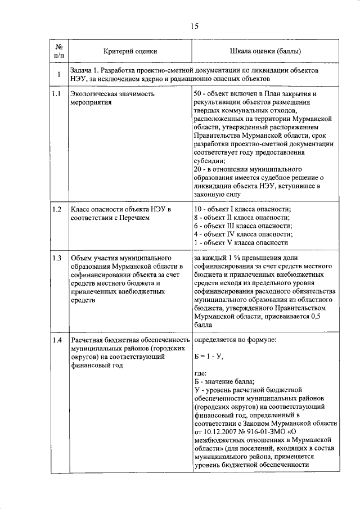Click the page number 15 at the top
pyautogui.click(x=194, y=25)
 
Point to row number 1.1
pyautogui.click(x=56, y=94)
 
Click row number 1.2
pyautogui.click(x=56, y=209)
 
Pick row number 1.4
pyautogui.click(x=56, y=340)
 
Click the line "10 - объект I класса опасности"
pyautogui.click(x=247, y=209)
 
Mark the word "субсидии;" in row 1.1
pyautogui.click(x=209, y=161)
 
